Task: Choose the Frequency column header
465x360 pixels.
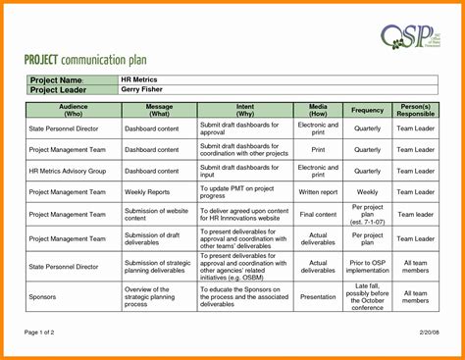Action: [x=367, y=110]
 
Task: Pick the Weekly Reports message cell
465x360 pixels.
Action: [x=146, y=192]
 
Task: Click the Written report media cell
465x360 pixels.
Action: [x=319, y=192]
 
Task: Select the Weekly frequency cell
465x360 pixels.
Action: [x=367, y=192]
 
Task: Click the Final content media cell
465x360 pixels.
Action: [x=319, y=214]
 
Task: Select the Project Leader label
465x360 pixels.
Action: [x=59, y=89]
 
